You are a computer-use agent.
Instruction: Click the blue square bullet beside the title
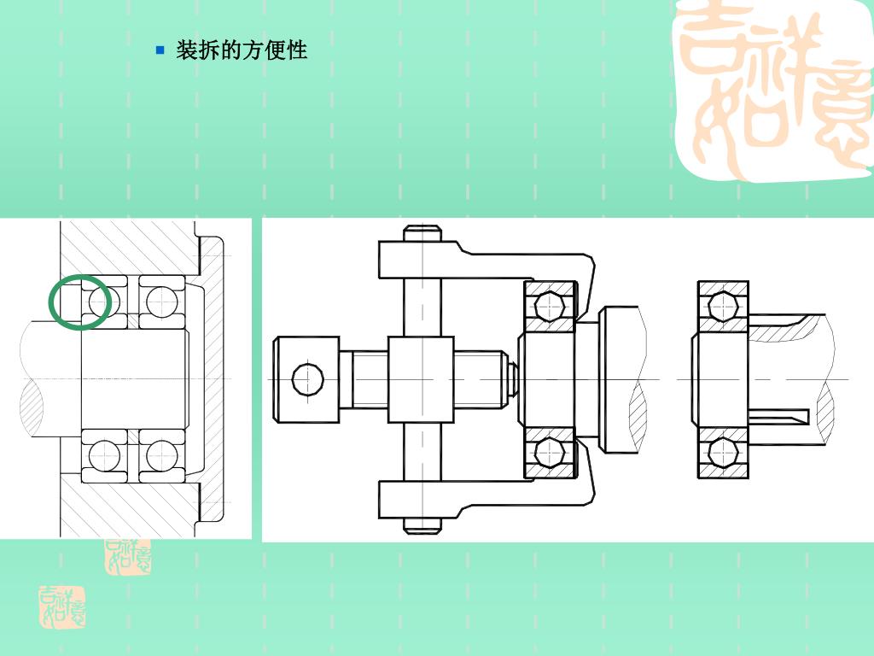coord(160,50)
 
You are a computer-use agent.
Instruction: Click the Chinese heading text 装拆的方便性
coord(242,50)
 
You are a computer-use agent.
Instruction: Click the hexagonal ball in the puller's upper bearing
coord(551,305)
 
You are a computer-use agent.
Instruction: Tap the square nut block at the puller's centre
coord(421,378)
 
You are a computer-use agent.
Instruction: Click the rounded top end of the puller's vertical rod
coord(422,231)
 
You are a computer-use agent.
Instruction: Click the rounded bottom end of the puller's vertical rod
coord(422,526)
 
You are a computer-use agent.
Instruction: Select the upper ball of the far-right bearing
coord(723,305)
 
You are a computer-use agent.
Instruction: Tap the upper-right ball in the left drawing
coord(161,302)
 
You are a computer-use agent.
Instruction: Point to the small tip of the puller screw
coord(512,378)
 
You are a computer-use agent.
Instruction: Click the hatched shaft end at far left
coord(31,405)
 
